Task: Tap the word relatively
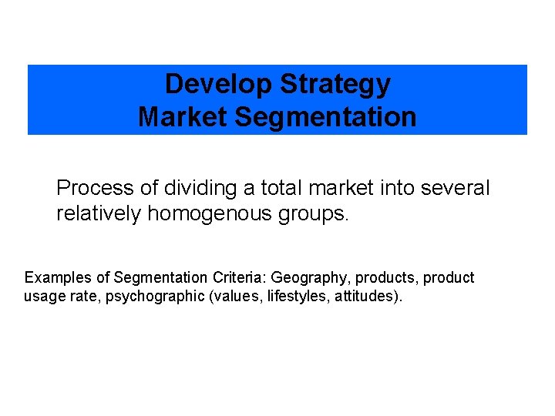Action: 99,213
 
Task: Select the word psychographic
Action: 154,297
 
